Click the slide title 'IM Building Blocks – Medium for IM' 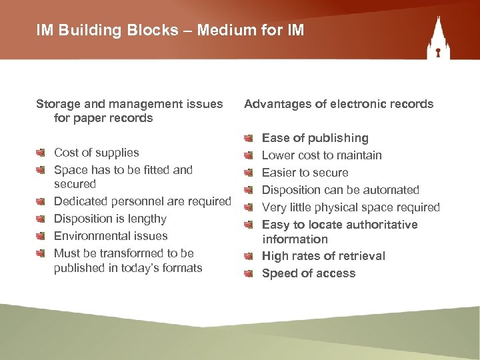(171, 31)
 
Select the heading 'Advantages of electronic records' (339, 104)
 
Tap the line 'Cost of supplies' (97, 153)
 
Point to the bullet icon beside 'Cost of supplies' (41, 153)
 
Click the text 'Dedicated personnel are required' (143, 201)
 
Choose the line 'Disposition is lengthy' (110, 219)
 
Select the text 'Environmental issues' (111, 236)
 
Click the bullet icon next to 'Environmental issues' (41, 236)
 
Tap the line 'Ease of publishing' (315, 138)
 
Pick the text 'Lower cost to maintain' (322, 155)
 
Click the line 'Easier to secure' (305, 173)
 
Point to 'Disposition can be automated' (341, 190)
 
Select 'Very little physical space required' (351, 207)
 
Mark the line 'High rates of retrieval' (323, 256)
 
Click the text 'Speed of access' (309, 273)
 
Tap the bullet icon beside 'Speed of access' (249, 273)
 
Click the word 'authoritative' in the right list (381, 225)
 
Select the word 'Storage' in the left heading (57, 104)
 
